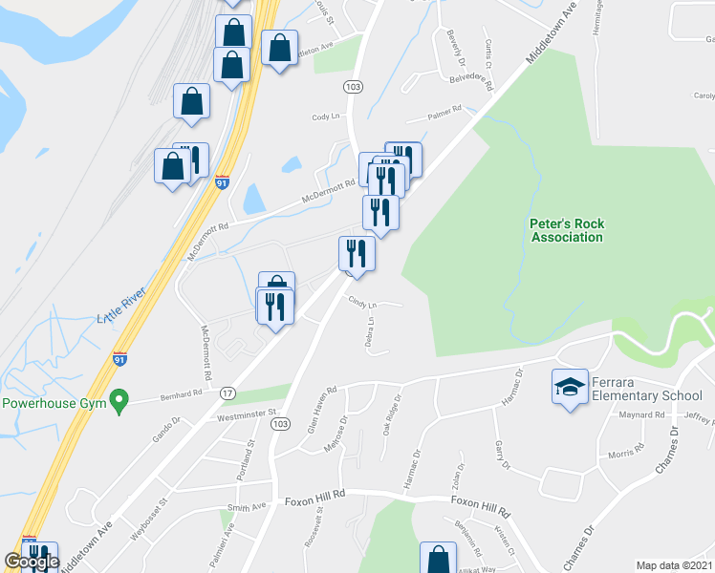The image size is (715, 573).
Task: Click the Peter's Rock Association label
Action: (x=567, y=230)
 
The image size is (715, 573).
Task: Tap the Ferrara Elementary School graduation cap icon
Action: (x=570, y=387)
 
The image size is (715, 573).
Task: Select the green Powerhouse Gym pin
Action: (x=119, y=401)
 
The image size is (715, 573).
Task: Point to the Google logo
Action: (x=32, y=562)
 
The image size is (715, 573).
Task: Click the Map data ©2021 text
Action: (x=674, y=565)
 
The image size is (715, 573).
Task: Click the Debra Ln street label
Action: (x=369, y=330)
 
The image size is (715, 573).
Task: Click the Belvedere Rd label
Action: (x=470, y=82)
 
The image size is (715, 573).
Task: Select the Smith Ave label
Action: (x=246, y=508)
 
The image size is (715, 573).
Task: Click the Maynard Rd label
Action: (x=640, y=414)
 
